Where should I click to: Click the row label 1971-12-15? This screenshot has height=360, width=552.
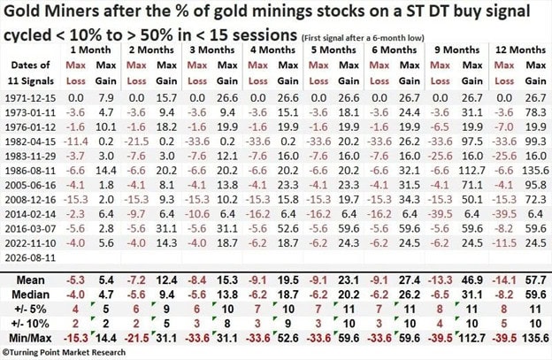(30, 98)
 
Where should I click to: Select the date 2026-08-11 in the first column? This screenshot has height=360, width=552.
(30, 257)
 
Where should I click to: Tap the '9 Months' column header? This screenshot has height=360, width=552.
(457, 50)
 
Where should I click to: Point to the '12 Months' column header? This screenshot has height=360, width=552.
(520, 50)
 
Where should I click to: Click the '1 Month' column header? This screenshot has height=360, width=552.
(90, 50)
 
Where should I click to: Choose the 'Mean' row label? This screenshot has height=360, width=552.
(31, 280)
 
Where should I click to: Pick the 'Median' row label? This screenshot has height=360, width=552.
(31, 295)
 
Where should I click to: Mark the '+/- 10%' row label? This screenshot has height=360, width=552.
(32, 324)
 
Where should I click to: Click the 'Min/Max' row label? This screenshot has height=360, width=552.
(30, 338)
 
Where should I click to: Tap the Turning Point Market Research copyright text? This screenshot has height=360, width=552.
(64, 352)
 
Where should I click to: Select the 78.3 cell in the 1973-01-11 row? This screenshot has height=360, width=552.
(535, 112)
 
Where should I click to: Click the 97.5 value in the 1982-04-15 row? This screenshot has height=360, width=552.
(471, 142)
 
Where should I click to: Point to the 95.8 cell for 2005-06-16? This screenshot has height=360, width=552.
(535, 185)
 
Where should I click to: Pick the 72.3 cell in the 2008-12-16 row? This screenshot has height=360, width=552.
(535, 200)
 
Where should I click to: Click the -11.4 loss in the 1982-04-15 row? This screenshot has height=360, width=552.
(76, 142)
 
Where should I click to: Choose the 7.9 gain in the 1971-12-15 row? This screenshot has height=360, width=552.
(106, 98)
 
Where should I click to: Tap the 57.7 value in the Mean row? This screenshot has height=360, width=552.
(535, 280)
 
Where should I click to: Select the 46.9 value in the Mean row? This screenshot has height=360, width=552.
(471, 280)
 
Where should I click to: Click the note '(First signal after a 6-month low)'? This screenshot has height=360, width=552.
(363, 38)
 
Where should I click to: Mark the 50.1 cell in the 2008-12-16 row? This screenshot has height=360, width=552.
(471, 200)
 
